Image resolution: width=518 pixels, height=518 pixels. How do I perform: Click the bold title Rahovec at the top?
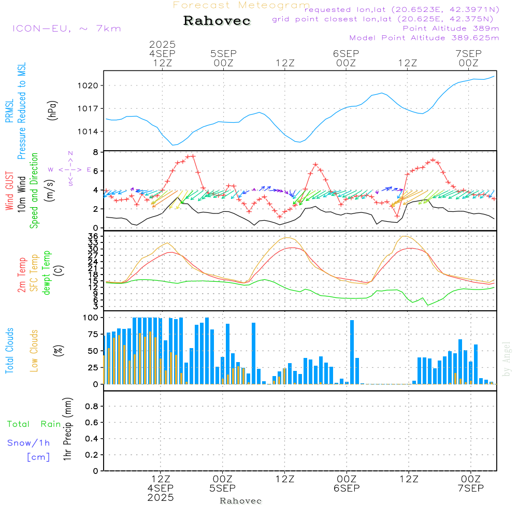(217, 21)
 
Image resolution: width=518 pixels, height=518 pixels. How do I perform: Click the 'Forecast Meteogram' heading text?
(241, 5)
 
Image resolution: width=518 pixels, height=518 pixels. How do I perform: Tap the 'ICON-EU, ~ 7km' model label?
(67, 28)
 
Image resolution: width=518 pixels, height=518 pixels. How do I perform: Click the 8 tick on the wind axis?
(96, 152)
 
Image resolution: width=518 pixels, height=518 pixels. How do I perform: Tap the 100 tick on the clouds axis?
(91, 318)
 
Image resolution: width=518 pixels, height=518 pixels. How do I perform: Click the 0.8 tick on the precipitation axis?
(92, 406)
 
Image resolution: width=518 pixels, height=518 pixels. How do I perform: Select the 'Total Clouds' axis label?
(9, 351)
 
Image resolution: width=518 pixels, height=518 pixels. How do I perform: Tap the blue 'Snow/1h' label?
(28, 443)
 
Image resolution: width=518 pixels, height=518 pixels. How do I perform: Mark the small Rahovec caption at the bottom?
(241, 501)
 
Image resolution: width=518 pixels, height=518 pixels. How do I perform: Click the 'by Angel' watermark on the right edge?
(507, 358)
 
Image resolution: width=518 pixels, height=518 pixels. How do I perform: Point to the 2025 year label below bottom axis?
(161, 497)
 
